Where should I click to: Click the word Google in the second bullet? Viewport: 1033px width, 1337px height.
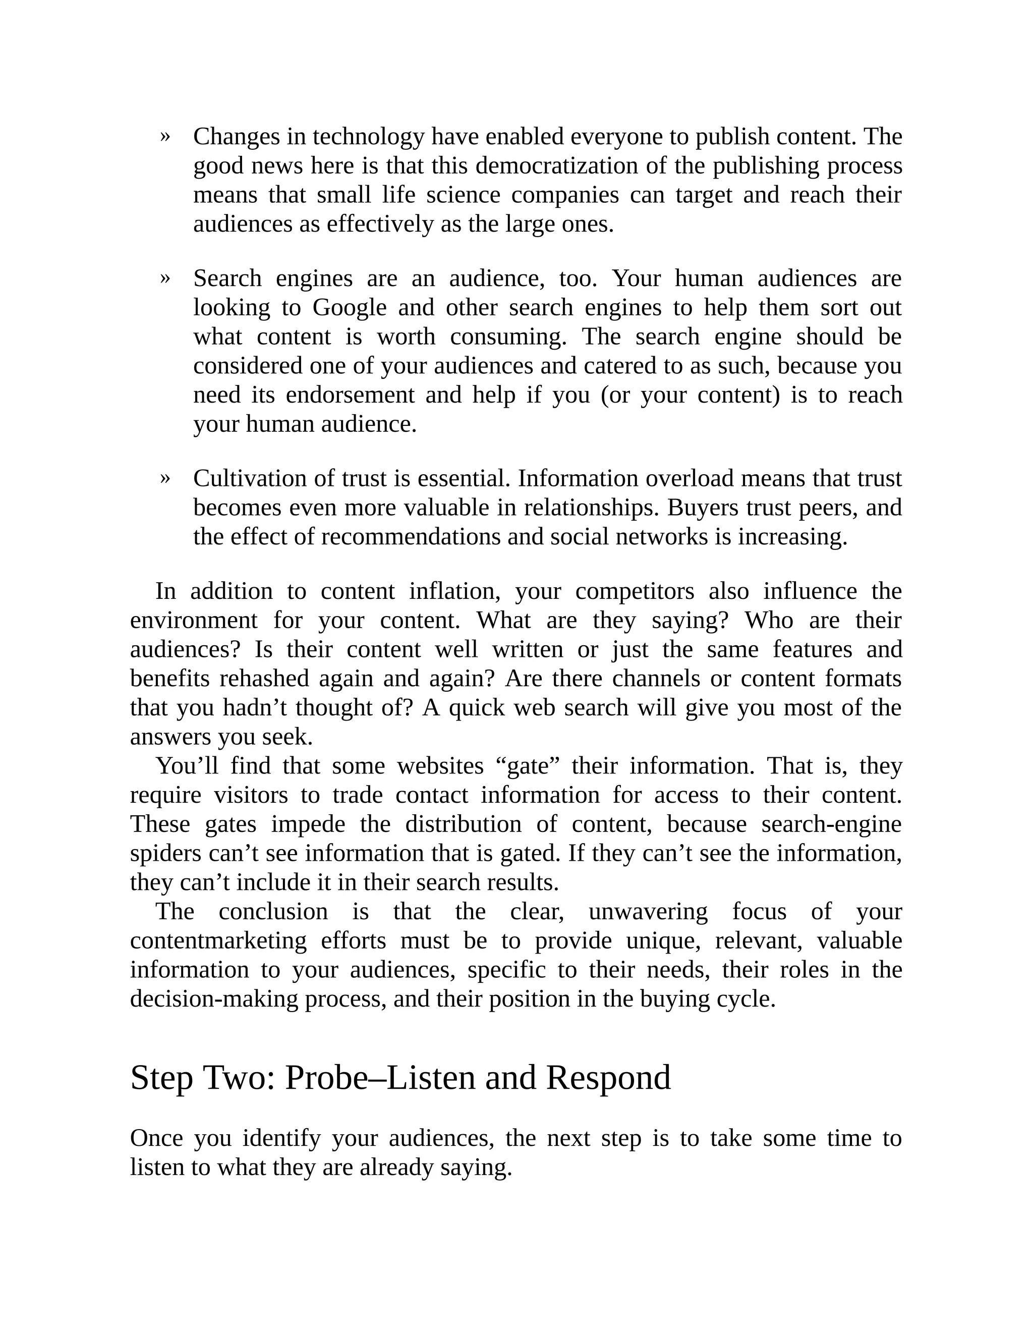tap(350, 307)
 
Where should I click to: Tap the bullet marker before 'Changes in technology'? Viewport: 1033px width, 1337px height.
tap(164, 136)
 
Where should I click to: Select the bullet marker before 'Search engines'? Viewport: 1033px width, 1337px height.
tap(164, 278)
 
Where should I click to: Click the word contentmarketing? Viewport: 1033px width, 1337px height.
tap(218, 940)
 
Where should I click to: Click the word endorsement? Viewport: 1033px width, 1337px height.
tap(350, 395)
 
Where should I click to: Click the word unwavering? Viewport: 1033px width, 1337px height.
tap(648, 912)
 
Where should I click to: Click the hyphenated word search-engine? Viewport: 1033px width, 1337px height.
tap(831, 824)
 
